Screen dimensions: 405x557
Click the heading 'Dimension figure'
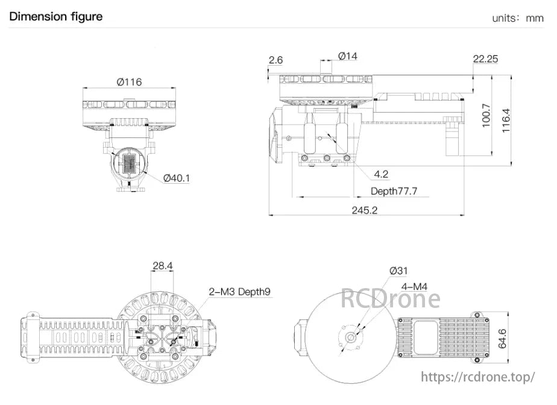(55, 16)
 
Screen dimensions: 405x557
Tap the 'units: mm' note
(517, 17)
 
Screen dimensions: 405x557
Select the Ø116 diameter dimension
(129, 81)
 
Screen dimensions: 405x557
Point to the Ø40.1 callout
(176, 178)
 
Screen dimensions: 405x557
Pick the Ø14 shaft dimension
(347, 56)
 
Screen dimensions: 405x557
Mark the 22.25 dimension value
(485, 59)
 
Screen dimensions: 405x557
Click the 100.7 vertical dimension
(486, 116)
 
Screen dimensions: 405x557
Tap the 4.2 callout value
(381, 174)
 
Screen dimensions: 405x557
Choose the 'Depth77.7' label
(394, 191)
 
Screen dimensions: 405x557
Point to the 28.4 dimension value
(162, 265)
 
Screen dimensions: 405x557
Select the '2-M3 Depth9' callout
(239, 292)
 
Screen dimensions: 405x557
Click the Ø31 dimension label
(398, 271)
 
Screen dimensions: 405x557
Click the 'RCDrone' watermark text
(391, 298)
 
